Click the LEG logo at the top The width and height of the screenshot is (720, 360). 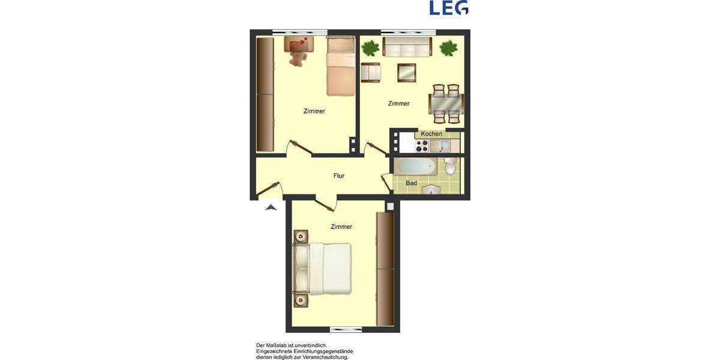pyautogui.click(x=449, y=8)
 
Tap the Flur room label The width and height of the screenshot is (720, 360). pyautogui.click(x=339, y=176)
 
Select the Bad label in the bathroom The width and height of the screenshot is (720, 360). pyautogui.click(x=411, y=183)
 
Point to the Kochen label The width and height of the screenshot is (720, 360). pyautogui.click(x=431, y=133)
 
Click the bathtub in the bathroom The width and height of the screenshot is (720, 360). pyautogui.click(x=416, y=166)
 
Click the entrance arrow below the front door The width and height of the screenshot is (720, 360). pyautogui.click(x=271, y=207)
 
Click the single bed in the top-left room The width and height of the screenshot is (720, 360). pyautogui.click(x=341, y=66)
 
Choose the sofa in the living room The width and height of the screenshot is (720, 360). pyautogui.click(x=406, y=47)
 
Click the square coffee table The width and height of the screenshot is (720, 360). pyautogui.click(x=406, y=73)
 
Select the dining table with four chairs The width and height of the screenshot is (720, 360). pyautogui.click(x=446, y=103)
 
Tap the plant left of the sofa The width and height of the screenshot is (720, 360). pyautogui.click(x=370, y=47)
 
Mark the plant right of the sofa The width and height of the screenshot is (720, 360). pyautogui.click(x=448, y=48)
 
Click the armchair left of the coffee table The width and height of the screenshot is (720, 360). pyautogui.click(x=371, y=72)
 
